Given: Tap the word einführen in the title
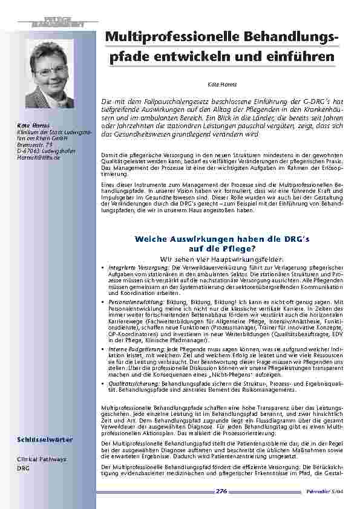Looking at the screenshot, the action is [x=300, y=57].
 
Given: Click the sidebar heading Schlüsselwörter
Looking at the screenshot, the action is [x=38, y=439].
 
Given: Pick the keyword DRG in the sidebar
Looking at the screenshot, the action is [x=23, y=468].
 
